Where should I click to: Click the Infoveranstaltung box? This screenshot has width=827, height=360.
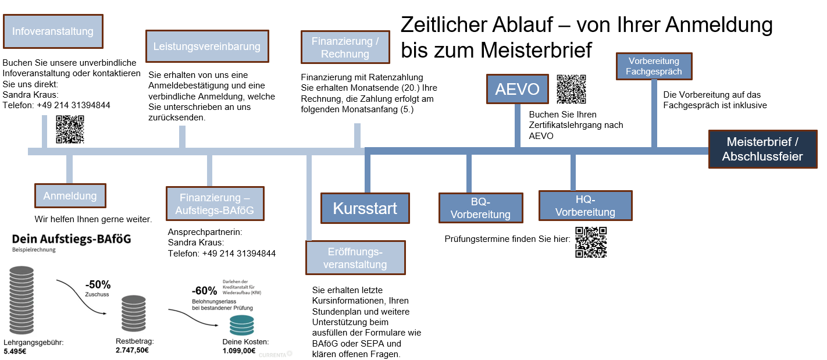pos(53,31)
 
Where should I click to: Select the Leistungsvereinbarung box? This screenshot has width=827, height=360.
pos(207,46)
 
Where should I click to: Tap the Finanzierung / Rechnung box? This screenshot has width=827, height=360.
pos(345,48)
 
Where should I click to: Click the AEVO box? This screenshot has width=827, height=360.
pos(517,90)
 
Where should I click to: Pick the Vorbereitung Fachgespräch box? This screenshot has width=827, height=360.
pos(654,66)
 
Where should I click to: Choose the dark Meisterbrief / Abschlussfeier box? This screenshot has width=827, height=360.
pos(762,149)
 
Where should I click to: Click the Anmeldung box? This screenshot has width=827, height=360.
pos(70,196)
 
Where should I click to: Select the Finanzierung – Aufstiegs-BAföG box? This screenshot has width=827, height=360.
pos(215,204)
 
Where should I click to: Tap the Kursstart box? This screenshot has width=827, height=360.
pos(365,208)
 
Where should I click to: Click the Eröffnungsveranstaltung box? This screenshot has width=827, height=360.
pos(355,258)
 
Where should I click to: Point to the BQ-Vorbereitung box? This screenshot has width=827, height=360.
pos(481,208)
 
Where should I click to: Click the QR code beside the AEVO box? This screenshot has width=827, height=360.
pos(571,89)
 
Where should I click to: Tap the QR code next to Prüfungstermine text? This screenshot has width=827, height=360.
pos(591,242)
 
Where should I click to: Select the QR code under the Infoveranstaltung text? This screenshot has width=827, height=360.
pos(70,129)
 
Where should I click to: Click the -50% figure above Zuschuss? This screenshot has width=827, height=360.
pos(97,285)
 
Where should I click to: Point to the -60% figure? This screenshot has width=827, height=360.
pos(204,291)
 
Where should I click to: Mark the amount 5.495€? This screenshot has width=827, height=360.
pos(15,352)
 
